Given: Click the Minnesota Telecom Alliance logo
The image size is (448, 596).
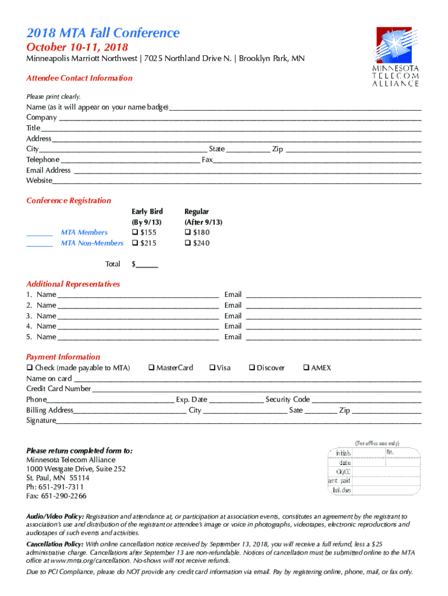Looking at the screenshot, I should pyautogui.click(x=396, y=56).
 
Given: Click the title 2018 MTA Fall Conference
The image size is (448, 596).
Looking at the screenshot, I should pyautogui.click(x=103, y=33).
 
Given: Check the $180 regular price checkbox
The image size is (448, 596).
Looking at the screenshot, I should pyautogui.click(x=188, y=232).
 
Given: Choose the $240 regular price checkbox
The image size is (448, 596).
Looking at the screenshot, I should pyautogui.click(x=188, y=243).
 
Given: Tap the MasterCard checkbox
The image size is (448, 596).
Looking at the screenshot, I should pyautogui.click(x=151, y=367).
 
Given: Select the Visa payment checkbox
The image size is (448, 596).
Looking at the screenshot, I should pyautogui.click(x=212, y=367).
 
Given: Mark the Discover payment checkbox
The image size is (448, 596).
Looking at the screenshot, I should pyautogui.click(x=252, y=367).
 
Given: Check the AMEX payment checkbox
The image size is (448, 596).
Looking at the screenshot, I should pyautogui.click(x=306, y=367).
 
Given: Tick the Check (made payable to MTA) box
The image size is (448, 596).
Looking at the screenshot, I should pyautogui.click(x=30, y=367).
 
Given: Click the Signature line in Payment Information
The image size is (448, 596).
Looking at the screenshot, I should pyautogui.click(x=239, y=420).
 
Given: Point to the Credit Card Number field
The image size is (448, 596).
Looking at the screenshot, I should pyautogui.click(x=256, y=389).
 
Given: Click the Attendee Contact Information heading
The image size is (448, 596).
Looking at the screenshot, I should pyautogui.click(x=79, y=78).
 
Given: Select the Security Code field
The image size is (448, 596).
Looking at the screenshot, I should pyautogui.click(x=367, y=399).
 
